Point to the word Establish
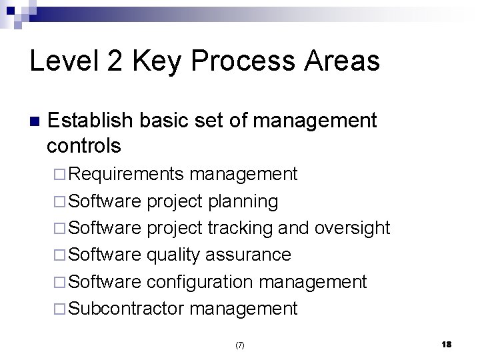[x=87, y=121]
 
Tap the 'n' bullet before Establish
[x=35, y=122]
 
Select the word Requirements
[x=127, y=175]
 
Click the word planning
[x=243, y=201]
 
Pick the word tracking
[x=241, y=228]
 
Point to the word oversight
[x=351, y=228]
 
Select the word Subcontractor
[x=127, y=308]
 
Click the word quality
[x=175, y=255]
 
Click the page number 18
[x=446, y=343]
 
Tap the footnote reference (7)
[x=240, y=345]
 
